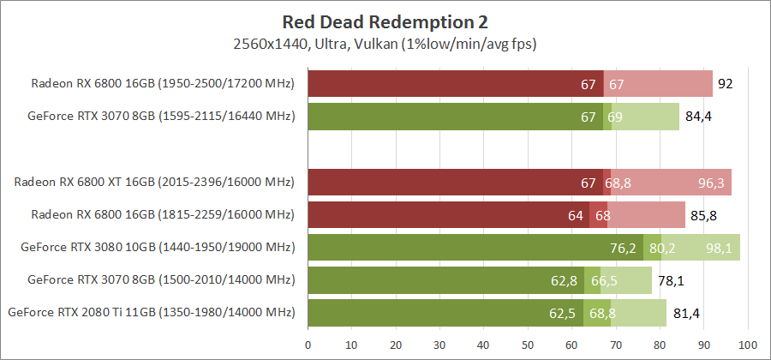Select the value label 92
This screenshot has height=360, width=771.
726,84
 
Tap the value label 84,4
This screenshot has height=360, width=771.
696,117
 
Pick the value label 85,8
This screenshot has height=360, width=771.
702,215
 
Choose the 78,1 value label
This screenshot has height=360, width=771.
669,280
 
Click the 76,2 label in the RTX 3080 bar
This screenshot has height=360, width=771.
625,248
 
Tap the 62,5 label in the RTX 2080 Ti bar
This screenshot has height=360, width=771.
564,313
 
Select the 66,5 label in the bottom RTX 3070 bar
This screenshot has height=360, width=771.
604,280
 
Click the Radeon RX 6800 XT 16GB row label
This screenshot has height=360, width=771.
154,183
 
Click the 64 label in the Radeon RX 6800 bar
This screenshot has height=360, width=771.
576,215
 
